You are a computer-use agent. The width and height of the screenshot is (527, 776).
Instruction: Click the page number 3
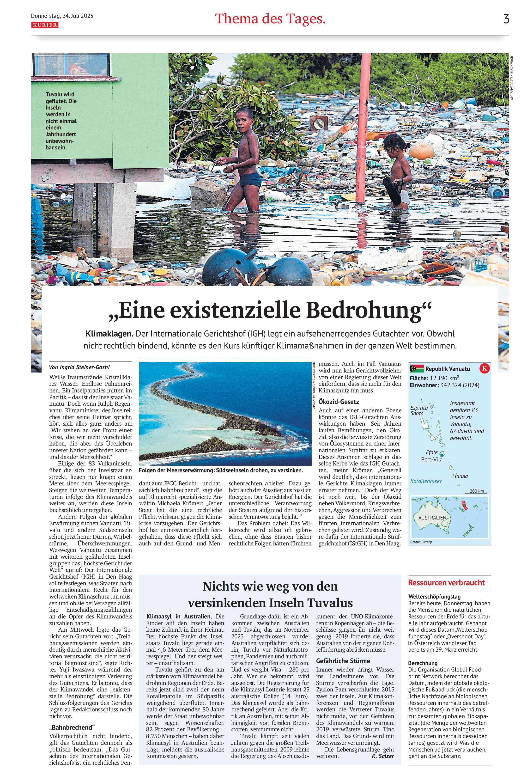click(x=506, y=19)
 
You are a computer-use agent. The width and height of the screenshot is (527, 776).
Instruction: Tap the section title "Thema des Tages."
click(x=270, y=19)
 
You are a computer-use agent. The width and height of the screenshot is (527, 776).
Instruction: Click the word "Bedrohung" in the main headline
click(x=369, y=311)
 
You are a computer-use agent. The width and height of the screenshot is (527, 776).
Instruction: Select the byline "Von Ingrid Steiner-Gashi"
click(x=79, y=367)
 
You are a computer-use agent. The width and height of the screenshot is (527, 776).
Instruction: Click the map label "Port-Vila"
click(x=431, y=459)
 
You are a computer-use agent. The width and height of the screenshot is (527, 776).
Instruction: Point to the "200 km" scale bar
click(x=477, y=491)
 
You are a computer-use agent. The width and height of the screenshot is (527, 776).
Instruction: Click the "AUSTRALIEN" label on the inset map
click(x=432, y=518)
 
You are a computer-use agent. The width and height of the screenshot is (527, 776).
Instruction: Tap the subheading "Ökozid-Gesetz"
click(x=339, y=402)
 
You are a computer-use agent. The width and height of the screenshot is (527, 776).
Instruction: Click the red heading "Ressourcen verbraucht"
click(x=446, y=583)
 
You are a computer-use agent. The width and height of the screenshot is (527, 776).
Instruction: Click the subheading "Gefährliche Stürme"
click(x=343, y=661)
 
